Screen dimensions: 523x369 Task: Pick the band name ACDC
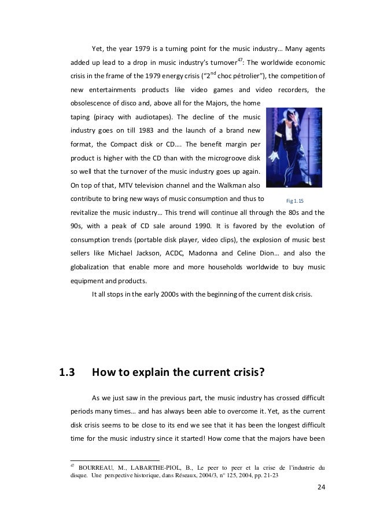[x=181, y=253]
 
